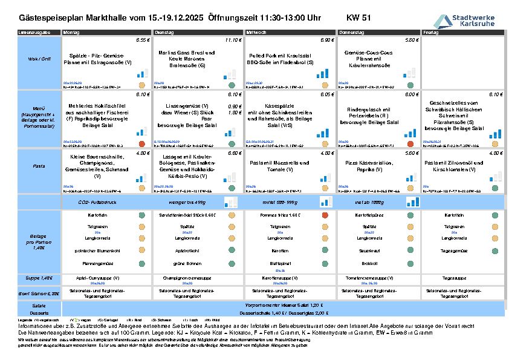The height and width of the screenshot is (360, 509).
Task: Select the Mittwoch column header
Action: coord(256,31)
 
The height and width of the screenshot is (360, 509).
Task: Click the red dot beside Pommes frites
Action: coord(325,215)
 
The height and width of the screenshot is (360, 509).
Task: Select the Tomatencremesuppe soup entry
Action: coord(365,277)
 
